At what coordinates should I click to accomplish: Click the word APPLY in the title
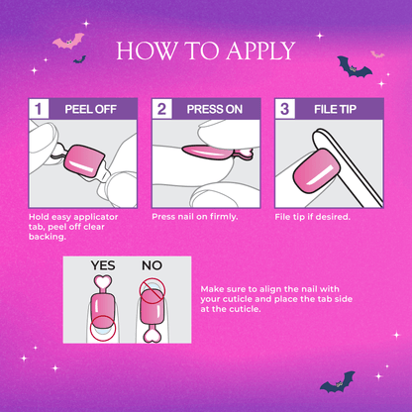[260, 51]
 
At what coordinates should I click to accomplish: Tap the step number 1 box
[39, 109]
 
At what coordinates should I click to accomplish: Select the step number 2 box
[161, 109]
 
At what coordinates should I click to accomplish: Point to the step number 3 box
[285, 109]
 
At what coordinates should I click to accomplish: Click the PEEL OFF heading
[90, 109]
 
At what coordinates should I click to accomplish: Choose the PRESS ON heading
[215, 109]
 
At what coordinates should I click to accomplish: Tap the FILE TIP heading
[335, 109]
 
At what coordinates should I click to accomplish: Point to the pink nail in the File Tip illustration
[316, 170]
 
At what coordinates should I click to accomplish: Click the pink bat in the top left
[68, 42]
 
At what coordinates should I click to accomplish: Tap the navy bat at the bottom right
[338, 383]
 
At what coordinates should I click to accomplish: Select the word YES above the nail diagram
[103, 265]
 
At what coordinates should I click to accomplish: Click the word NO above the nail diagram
[152, 265]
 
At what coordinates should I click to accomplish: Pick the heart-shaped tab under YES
[103, 282]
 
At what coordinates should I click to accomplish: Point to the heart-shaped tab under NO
[152, 336]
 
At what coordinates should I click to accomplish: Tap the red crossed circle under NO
[152, 291]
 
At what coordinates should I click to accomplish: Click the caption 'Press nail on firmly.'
[195, 217]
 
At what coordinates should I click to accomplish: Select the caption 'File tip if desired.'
[312, 217]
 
